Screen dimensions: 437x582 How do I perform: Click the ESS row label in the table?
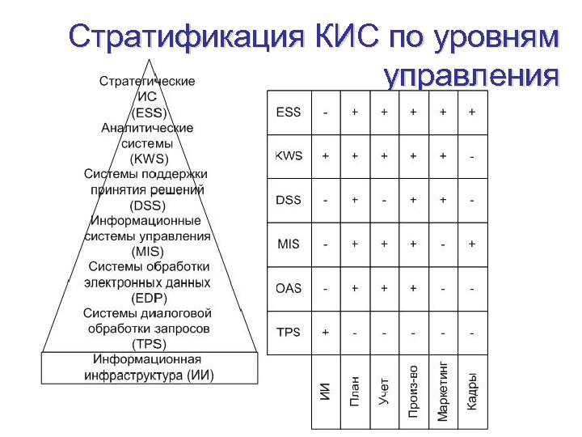[288, 112]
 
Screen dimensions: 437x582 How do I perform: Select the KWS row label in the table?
[288, 155]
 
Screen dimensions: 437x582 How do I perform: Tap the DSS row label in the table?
[288, 200]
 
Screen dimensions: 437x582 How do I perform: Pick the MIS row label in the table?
[288, 244]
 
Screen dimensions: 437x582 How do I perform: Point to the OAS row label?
[288, 288]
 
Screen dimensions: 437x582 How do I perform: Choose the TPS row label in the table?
[288, 332]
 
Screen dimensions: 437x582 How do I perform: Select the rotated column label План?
[354, 391]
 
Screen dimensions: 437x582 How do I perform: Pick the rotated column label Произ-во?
[413, 391]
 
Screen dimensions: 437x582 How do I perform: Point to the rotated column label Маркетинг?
[442, 390]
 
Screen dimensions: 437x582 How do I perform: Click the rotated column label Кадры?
[472, 390]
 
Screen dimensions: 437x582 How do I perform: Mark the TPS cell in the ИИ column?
[325, 332]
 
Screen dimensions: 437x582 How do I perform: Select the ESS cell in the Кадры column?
[472, 112]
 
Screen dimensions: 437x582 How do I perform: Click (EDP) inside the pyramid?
[148, 298]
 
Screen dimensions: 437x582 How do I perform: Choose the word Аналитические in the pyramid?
[147, 128]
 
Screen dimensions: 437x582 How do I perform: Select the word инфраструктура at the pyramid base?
[133, 375]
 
